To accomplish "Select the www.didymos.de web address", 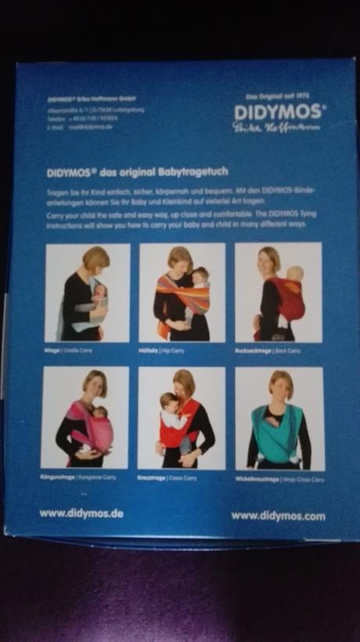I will (81, 514).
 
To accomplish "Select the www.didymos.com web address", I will (278, 516).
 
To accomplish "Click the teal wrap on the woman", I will (279, 435).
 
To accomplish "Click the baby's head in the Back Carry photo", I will (296, 274).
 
